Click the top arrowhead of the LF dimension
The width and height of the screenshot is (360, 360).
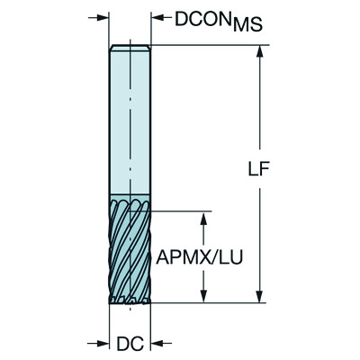(x=260, y=52)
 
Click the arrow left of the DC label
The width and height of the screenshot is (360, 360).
(x=102, y=343)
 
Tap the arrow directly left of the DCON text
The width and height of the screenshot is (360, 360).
(x=158, y=18)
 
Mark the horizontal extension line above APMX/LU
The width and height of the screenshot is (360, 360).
(x=184, y=211)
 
